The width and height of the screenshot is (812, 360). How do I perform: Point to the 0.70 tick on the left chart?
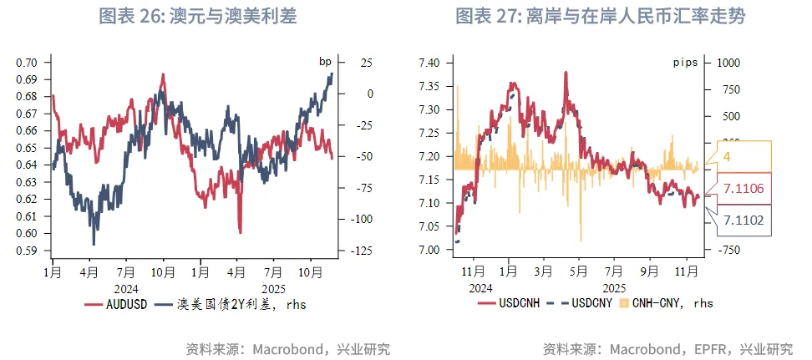tap(28, 63)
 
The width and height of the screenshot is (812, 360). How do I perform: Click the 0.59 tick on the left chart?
tap(28, 251)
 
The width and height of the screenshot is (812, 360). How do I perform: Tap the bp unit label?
tap(325, 62)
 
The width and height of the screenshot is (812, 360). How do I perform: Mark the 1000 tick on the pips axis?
tap(729, 63)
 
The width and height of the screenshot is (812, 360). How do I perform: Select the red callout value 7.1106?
tap(749, 189)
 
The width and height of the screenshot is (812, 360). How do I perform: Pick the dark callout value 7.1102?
tap(749, 221)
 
